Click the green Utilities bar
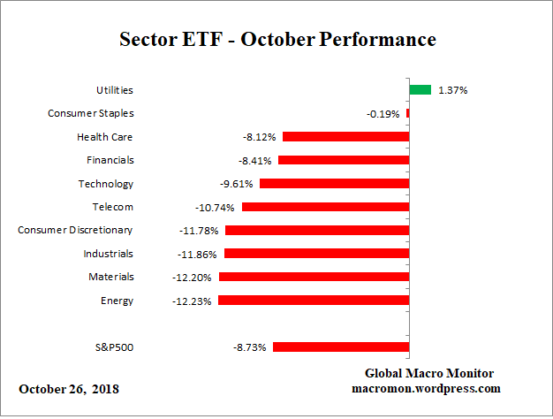pos(420,89)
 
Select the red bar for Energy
pos(313,301)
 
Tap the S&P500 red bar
pos(340,347)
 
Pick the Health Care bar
pos(345,137)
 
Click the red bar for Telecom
pos(325,207)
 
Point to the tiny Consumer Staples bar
pos(408,113)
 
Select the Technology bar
pos(334,184)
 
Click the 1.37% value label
pos(453,90)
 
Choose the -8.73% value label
pos(249,348)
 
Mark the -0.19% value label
pos(383,114)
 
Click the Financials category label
pos(110,160)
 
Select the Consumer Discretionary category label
pos(76,230)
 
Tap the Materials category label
pos(111,277)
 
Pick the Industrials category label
pos(110,254)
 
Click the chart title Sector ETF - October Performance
pos(276,40)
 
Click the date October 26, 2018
pos(69,389)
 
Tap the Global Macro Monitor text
pos(429,373)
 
